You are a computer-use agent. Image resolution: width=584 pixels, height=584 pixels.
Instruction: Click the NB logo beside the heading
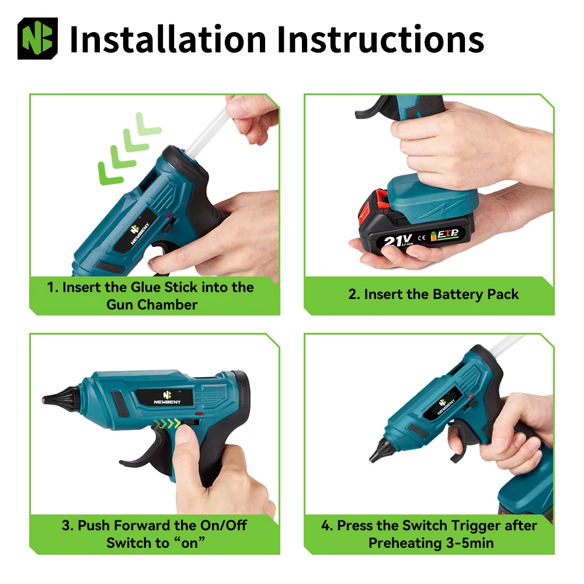37,39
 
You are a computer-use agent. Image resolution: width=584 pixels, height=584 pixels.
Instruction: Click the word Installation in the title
168,40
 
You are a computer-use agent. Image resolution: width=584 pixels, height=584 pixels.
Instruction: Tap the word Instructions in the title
380,40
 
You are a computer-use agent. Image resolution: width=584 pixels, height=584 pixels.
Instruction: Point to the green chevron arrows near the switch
167,423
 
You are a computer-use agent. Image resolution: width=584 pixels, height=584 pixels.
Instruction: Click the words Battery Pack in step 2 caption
475,294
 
